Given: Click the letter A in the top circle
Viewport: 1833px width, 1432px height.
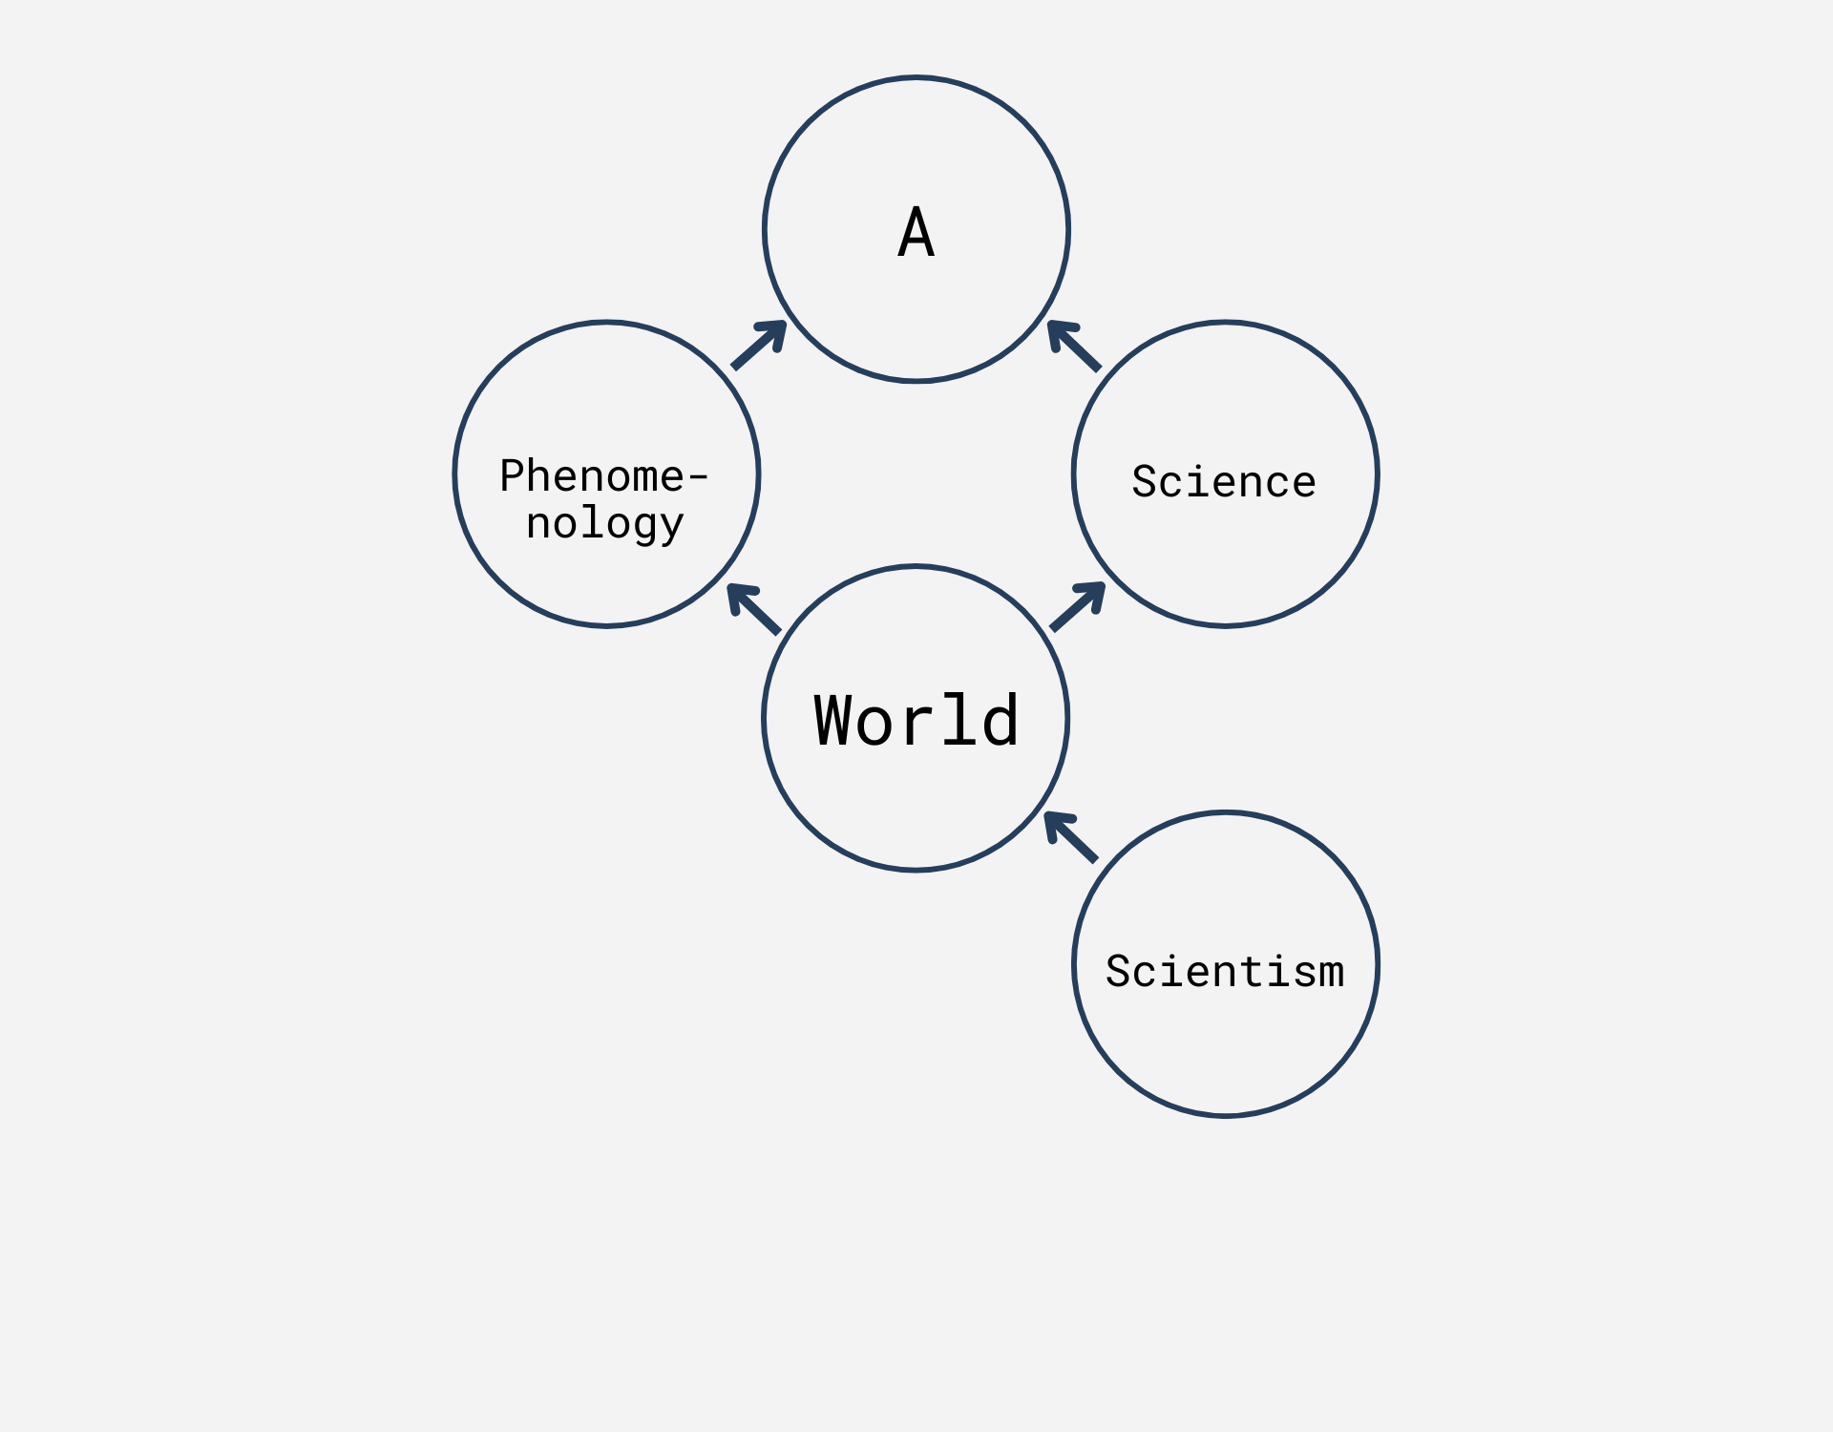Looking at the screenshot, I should click(x=916, y=233).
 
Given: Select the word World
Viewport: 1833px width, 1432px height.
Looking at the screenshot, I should click(x=916, y=720).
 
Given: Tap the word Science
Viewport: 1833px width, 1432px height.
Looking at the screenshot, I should click(x=1224, y=481).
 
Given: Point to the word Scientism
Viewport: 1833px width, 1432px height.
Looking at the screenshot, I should click(x=1225, y=971).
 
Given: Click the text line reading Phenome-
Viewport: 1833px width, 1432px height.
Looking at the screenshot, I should click(x=603, y=475).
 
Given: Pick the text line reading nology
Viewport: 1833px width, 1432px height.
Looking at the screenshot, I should click(x=605, y=523).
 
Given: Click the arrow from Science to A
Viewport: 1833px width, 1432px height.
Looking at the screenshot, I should click(x=1074, y=346).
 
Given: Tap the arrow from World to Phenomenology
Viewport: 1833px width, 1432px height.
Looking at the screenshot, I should click(x=754, y=609).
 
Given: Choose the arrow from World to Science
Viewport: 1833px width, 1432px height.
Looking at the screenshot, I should click(x=1078, y=606).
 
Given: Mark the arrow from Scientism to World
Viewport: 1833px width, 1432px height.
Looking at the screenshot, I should click(x=1071, y=837).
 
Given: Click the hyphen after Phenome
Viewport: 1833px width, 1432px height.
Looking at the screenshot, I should click(x=698, y=475).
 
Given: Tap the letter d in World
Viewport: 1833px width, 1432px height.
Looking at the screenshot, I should click(x=1001, y=720).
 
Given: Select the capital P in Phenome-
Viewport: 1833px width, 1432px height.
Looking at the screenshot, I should click(x=513, y=475).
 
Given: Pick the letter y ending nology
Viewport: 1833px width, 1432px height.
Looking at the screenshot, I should click(x=672, y=526).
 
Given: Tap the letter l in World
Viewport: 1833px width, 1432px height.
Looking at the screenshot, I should click(x=959, y=720).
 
